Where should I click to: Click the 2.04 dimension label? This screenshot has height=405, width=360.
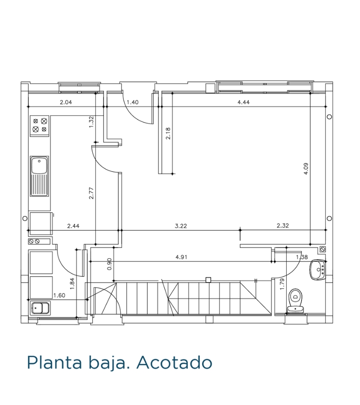[x=66, y=102]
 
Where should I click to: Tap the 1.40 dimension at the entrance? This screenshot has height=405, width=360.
[x=132, y=102]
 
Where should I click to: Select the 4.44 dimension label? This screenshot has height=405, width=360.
[x=243, y=102]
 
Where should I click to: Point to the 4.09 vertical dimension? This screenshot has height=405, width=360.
[x=306, y=168]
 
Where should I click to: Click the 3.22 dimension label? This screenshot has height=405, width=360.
[x=181, y=226]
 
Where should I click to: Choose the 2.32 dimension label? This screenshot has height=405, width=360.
[x=283, y=226]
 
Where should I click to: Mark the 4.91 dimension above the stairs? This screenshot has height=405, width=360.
[x=181, y=257]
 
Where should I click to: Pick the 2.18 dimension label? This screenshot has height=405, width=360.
[x=168, y=134]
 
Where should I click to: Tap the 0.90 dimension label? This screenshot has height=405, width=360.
[x=109, y=264]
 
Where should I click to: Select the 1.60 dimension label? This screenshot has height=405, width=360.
[x=59, y=295]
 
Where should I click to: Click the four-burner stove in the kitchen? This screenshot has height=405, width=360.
[x=40, y=125]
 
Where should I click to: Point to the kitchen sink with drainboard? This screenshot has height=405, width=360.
[x=40, y=176]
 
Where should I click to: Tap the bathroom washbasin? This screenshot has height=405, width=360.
[x=318, y=270]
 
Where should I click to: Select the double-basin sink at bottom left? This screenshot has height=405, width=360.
[x=40, y=308]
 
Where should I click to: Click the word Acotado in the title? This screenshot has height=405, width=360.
[x=174, y=362]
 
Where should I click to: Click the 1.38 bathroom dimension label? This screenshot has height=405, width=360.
[x=302, y=257]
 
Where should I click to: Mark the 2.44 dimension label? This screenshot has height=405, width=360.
[x=73, y=226]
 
